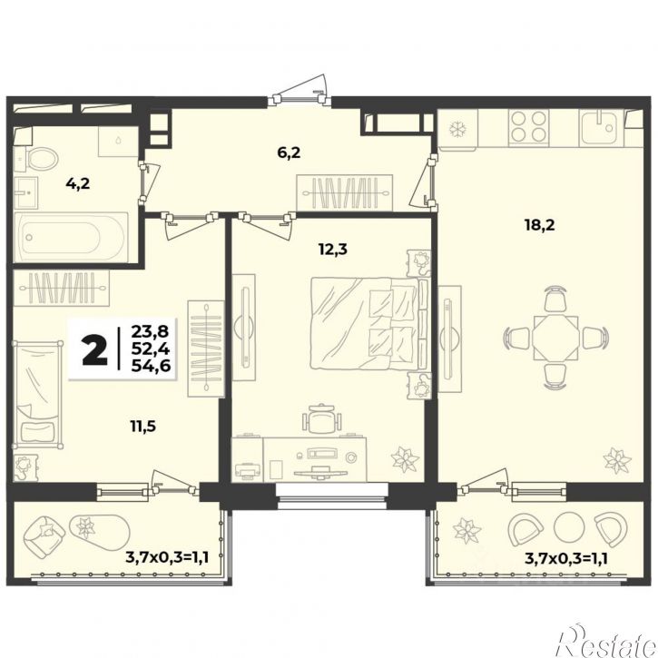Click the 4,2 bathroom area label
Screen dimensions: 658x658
coord(78,183)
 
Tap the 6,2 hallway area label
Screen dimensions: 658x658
coord(289,152)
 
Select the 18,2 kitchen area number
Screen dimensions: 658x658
coord(539,225)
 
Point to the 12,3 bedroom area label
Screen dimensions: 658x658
coord(333,250)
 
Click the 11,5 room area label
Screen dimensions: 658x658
coord(142,427)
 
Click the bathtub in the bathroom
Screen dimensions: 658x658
coord(71,237)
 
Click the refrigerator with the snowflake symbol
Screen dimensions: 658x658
coord(457,129)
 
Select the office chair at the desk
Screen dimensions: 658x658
coord(321,418)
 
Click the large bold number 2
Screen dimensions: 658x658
coord(95,349)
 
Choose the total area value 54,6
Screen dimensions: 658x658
coord(151,366)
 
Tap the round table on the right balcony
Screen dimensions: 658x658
coord(569,526)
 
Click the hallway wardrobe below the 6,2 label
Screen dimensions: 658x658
coord(345,193)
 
